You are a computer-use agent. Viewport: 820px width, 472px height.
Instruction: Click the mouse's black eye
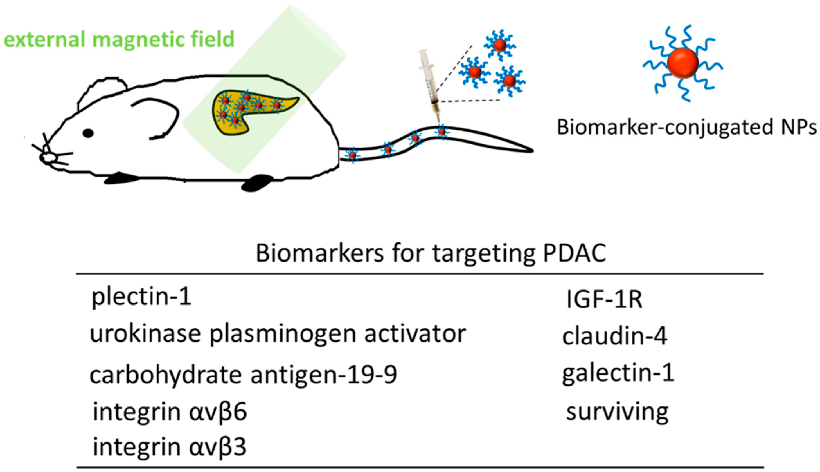pyautogui.click(x=88, y=133)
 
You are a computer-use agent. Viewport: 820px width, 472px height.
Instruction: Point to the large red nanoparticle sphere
pyautogui.click(x=682, y=63)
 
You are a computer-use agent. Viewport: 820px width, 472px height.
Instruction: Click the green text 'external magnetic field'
pyautogui.click(x=119, y=39)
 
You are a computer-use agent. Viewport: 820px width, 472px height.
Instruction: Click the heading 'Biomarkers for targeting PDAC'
pyautogui.click(x=431, y=253)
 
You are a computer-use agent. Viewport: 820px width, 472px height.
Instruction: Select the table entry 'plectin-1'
pyautogui.click(x=141, y=297)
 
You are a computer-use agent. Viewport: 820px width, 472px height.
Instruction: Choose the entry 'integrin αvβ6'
pyautogui.click(x=170, y=412)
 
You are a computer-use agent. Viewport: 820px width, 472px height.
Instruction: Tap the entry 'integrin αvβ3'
pyautogui.click(x=170, y=447)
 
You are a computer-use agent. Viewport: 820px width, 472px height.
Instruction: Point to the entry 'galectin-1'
pyautogui.click(x=618, y=373)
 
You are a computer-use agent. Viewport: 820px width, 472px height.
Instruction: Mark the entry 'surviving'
pyautogui.click(x=617, y=412)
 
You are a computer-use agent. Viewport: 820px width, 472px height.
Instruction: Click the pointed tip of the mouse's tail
pyautogui.click(x=531, y=150)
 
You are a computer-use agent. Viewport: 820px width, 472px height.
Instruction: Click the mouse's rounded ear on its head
pyautogui.click(x=102, y=92)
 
